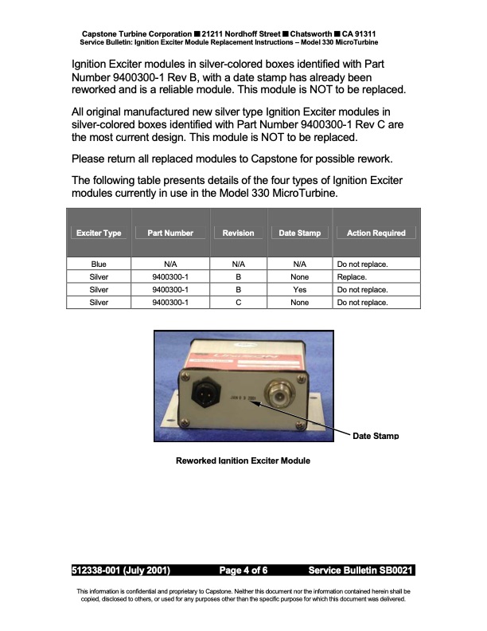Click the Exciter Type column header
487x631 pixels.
point(99,233)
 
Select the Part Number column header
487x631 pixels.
point(169,233)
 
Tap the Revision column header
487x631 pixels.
point(238,233)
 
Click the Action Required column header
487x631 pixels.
point(376,233)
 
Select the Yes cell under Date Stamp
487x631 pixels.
point(299,290)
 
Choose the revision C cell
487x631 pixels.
point(238,303)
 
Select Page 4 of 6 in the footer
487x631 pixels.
point(243,570)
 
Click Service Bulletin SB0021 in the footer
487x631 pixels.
point(360,570)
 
